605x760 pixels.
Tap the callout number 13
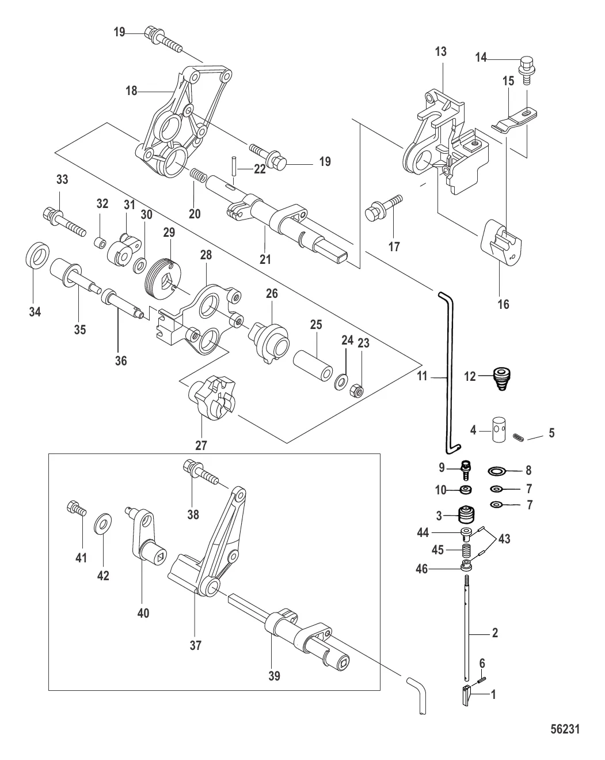click(440, 52)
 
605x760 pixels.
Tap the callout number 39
click(274, 675)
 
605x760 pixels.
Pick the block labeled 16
click(500, 243)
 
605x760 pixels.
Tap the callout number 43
click(504, 539)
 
